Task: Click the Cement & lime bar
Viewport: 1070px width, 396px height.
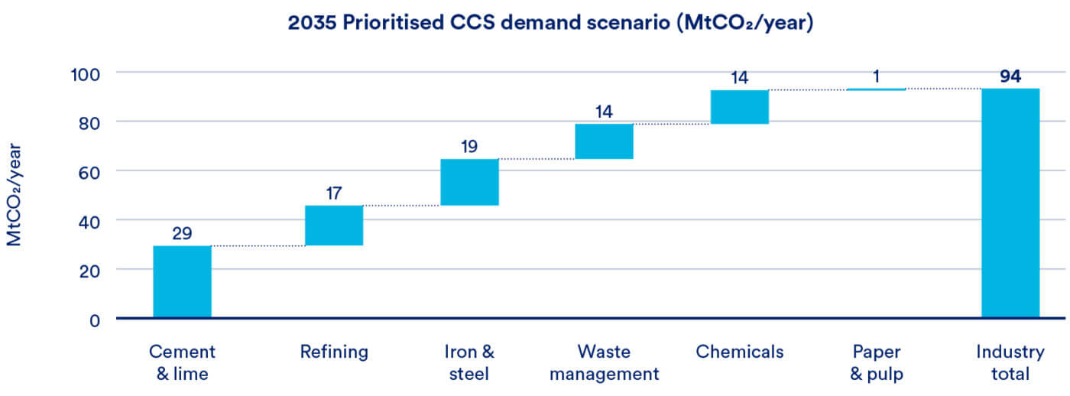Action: pyautogui.click(x=182, y=281)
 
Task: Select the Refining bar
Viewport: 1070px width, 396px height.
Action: pyautogui.click(x=334, y=226)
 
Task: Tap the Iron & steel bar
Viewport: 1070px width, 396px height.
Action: pyautogui.click(x=469, y=182)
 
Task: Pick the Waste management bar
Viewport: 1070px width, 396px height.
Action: pyautogui.click(x=605, y=141)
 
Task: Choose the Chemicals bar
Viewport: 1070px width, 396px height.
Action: pyautogui.click(x=740, y=107)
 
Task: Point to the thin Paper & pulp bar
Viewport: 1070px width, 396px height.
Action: pyautogui.click(x=876, y=89)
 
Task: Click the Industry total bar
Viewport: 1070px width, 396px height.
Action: pyautogui.click(x=1010, y=203)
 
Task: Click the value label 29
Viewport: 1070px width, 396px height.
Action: pyautogui.click(x=182, y=233)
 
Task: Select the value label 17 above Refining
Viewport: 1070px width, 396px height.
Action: pyautogui.click(x=334, y=193)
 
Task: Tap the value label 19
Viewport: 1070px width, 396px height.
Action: pyautogui.click(x=469, y=146)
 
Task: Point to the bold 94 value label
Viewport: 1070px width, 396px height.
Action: pyautogui.click(x=1010, y=76)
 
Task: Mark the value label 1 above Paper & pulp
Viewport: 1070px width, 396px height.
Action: pyautogui.click(x=876, y=76)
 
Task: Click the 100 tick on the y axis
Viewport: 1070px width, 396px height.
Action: pyautogui.click(x=86, y=74)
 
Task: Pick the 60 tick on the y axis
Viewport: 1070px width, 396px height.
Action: pyautogui.click(x=89, y=173)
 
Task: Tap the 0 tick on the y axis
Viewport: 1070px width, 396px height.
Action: pyautogui.click(x=95, y=320)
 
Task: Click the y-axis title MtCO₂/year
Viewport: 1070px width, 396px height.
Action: pyautogui.click(x=14, y=195)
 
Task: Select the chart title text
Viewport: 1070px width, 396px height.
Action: pyautogui.click(x=550, y=22)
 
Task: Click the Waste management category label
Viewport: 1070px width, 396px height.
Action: pyautogui.click(x=605, y=362)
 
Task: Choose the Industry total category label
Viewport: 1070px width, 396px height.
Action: pyautogui.click(x=1010, y=362)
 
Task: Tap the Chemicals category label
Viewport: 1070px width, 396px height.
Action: pyautogui.click(x=740, y=352)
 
